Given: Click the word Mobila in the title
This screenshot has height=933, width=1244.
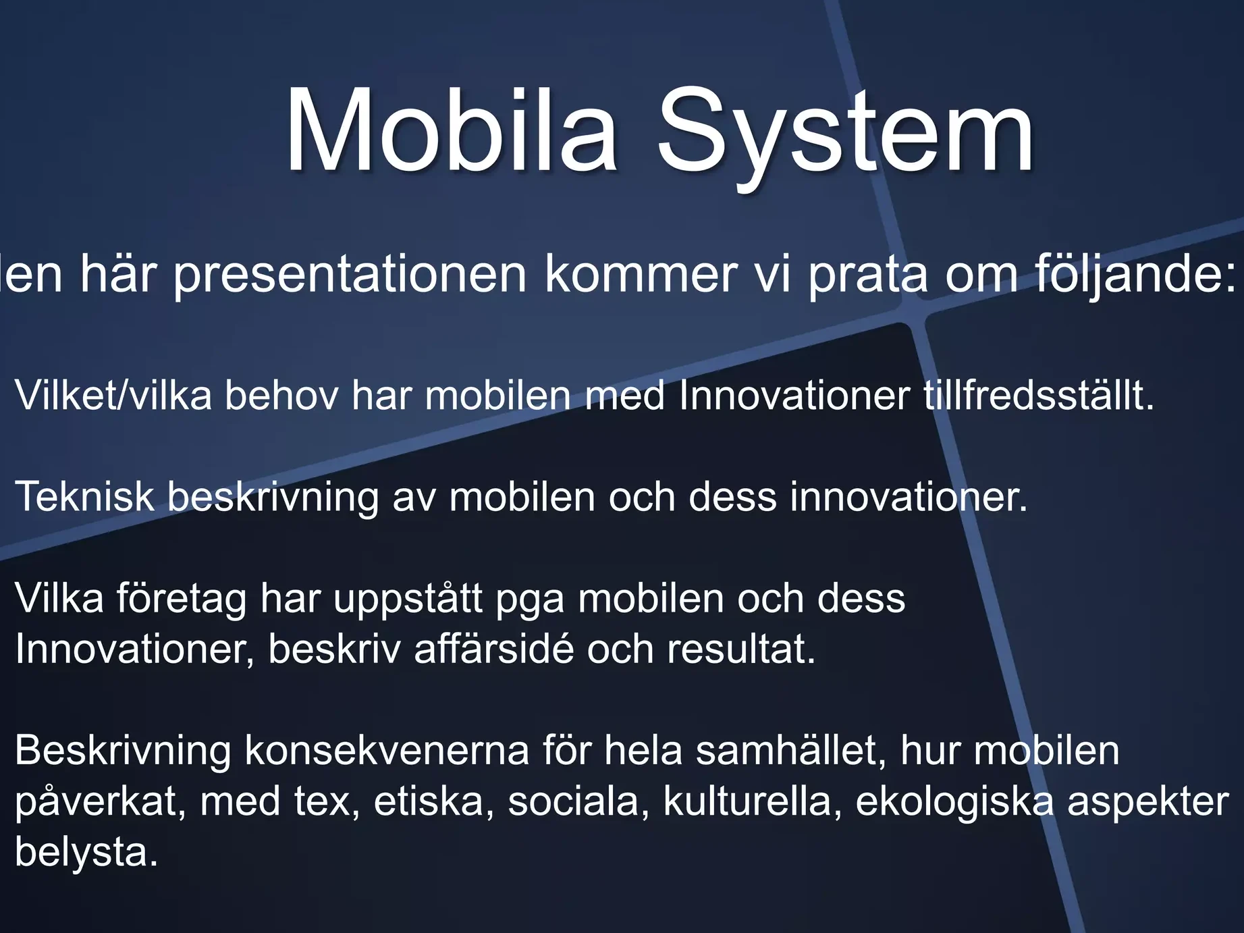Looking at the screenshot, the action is pos(451,130).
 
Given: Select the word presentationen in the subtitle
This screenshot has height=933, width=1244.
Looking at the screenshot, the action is pos(350,276).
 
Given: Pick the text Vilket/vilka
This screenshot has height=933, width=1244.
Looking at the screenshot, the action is pos(113,395).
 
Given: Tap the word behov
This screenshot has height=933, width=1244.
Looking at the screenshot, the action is pos(281,395).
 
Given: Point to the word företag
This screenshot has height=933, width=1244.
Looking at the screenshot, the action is pos(182,599).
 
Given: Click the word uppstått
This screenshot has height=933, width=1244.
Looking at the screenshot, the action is pos(408,599).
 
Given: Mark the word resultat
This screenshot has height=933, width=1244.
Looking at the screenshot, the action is pos(741,649).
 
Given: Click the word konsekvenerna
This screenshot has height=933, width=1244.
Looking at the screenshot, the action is pos(387,750).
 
